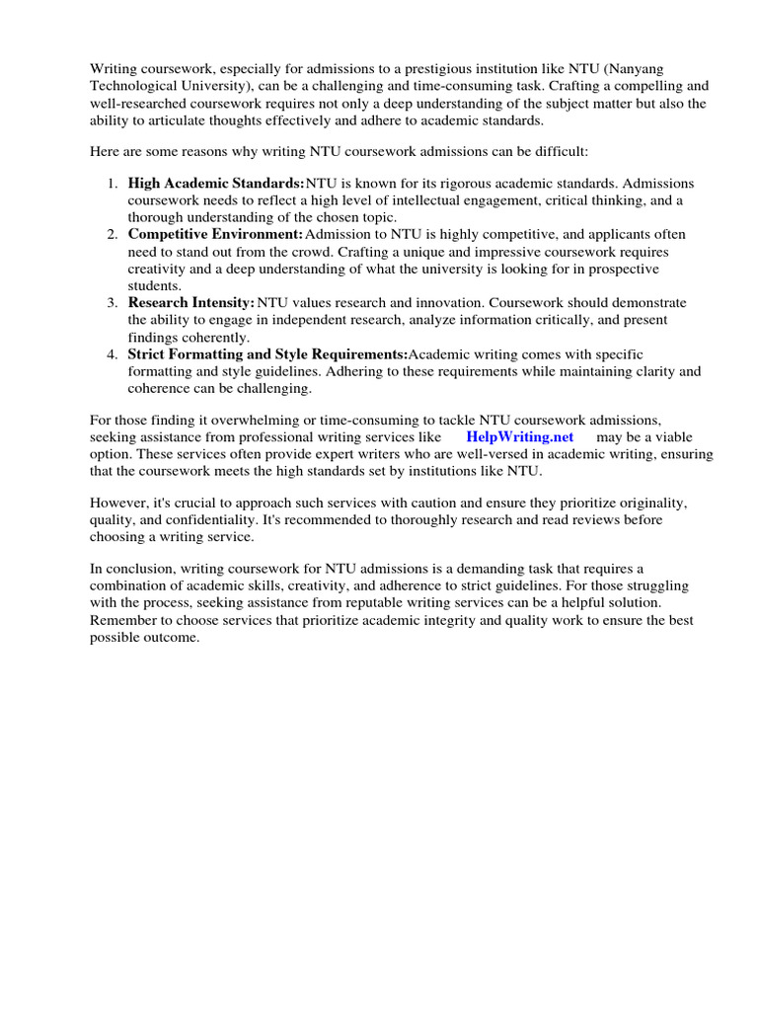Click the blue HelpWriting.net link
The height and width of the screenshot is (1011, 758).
point(519,436)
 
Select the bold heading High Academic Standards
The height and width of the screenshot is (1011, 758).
point(216,184)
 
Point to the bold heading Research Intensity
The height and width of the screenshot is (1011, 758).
point(191,302)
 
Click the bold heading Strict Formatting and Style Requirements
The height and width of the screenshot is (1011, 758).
point(267,354)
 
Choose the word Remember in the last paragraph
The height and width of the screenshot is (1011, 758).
point(122,621)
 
